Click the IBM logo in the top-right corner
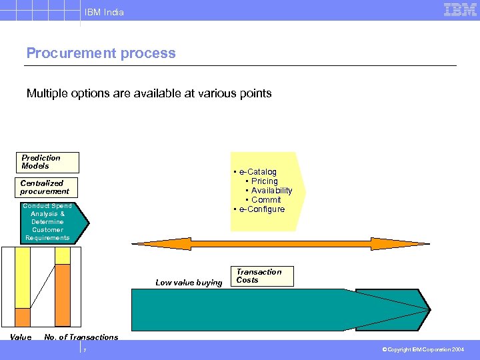[x=460, y=9]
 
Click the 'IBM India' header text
[x=104, y=12]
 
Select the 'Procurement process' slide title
[x=101, y=53]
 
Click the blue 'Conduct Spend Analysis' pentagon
[x=47, y=222]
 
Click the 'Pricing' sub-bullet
[x=265, y=181]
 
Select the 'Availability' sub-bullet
[x=271, y=191]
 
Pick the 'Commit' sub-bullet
[x=266, y=200]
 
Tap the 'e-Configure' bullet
[x=261, y=209]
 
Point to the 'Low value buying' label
[x=189, y=283]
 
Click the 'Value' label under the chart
[x=21, y=337]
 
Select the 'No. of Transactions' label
[x=81, y=337]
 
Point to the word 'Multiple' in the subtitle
[x=48, y=93]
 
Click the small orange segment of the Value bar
[x=23, y=317]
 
